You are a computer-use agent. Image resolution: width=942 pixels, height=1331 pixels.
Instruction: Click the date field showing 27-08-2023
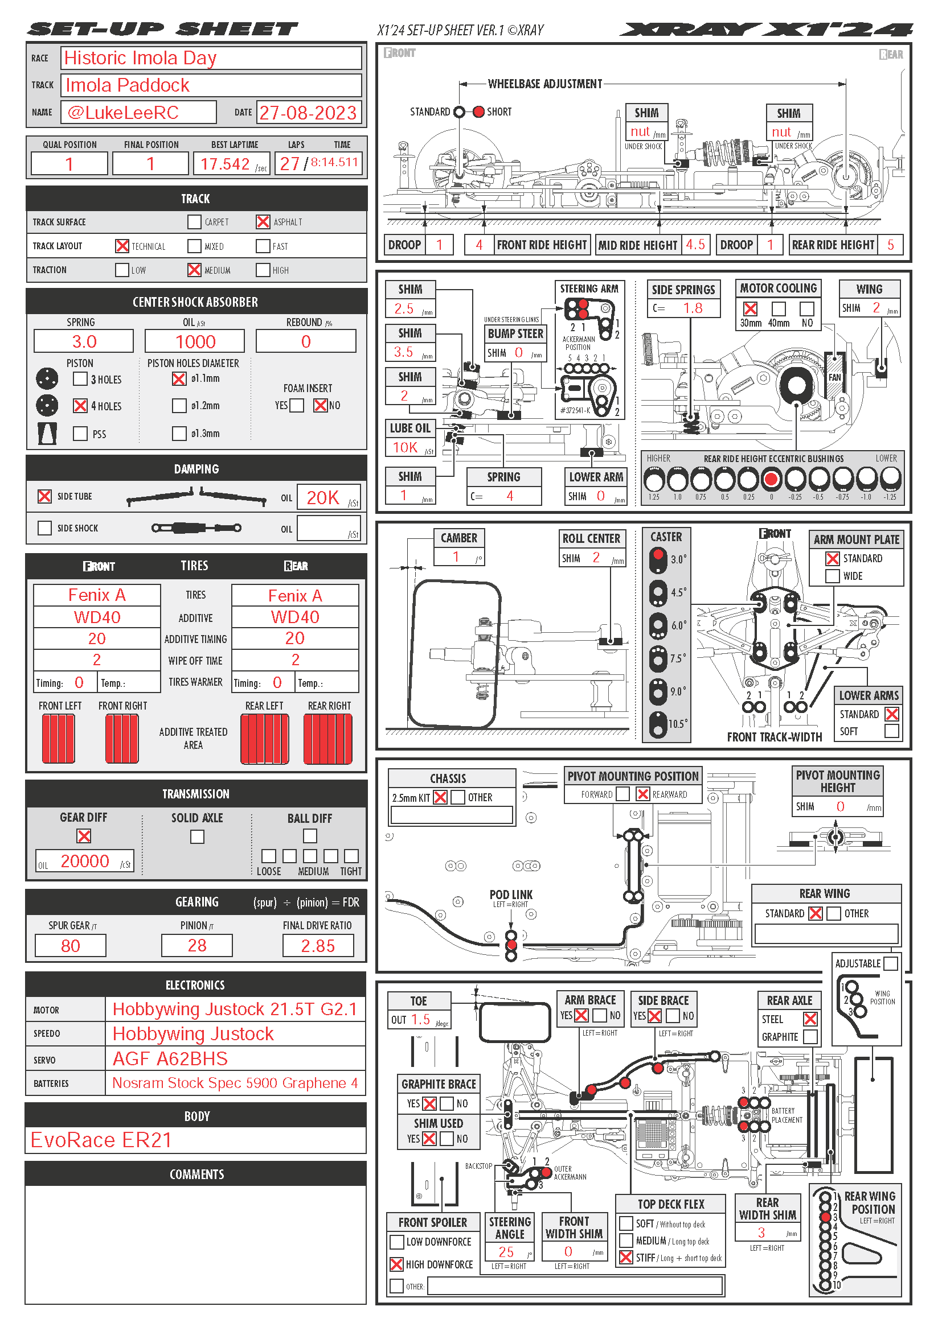pyautogui.click(x=308, y=113)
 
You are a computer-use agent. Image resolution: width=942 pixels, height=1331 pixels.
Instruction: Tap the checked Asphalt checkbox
pyautogui.click(x=263, y=222)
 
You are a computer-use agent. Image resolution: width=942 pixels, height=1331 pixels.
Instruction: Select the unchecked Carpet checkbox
pyautogui.click(x=194, y=222)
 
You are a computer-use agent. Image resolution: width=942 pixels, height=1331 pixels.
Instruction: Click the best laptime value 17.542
pyautogui.click(x=225, y=164)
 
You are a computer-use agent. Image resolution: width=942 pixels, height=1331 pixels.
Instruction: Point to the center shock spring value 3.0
pyautogui.click(x=84, y=341)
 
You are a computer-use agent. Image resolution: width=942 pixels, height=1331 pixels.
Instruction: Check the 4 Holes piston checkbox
pyautogui.click(x=80, y=406)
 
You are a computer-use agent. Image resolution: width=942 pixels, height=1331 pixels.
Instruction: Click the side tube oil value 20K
pyautogui.click(x=322, y=497)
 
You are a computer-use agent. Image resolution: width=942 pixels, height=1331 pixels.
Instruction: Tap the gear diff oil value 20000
pyautogui.click(x=85, y=861)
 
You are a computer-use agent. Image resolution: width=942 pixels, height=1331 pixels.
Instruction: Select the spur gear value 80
pyautogui.click(x=70, y=946)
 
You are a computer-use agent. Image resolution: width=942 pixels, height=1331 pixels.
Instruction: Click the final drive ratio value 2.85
pyautogui.click(x=318, y=946)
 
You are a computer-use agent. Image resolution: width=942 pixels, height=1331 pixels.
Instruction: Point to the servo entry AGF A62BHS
pyautogui.click(x=170, y=1058)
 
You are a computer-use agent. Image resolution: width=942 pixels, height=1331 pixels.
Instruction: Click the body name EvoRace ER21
pyautogui.click(x=101, y=1140)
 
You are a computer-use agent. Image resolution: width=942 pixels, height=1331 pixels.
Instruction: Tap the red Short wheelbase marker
pyautogui.click(x=478, y=112)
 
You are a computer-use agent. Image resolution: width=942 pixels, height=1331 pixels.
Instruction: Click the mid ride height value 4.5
pyautogui.click(x=695, y=245)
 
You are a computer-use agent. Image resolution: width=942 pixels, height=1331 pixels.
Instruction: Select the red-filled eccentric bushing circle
pyautogui.click(x=771, y=479)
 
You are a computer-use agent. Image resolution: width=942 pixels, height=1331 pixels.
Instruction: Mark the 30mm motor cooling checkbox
pyautogui.click(x=750, y=308)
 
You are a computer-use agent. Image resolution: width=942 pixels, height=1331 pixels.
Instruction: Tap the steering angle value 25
pyautogui.click(x=506, y=1251)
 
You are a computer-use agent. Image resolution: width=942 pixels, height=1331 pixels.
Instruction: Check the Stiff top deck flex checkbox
pyautogui.click(x=626, y=1257)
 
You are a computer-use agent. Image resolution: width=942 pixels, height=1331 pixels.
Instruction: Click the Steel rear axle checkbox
pyautogui.click(x=810, y=1019)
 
